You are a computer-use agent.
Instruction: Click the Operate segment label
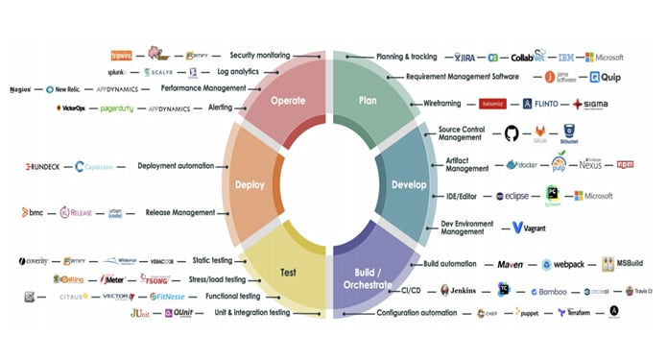(x=288, y=100)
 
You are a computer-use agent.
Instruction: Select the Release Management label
(x=180, y=212)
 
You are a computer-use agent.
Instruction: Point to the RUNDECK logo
(x=42, y=166)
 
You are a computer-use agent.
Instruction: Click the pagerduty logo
(x=123, y=108)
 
